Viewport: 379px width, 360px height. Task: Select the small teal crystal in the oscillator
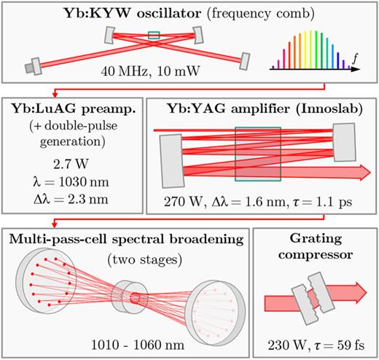(x=154, y=34)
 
